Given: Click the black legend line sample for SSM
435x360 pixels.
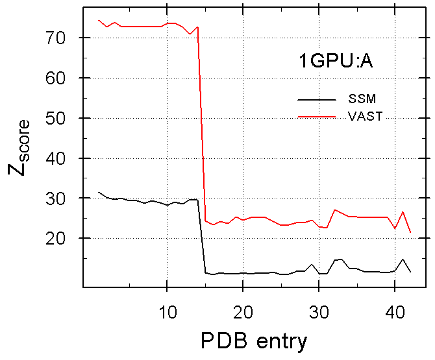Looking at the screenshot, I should tap(316, 99).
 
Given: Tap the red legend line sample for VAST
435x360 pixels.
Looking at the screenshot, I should tap(316, 116).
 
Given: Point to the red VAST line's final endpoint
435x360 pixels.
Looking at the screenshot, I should tap(410, 232).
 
